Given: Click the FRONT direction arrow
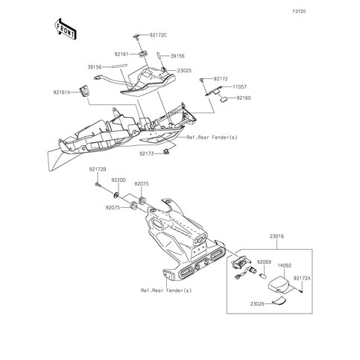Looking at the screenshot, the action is pos(65,29).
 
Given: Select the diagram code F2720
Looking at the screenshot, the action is pos(299,11).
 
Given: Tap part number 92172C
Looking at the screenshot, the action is pos(158,35).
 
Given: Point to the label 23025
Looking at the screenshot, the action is pos(184,71).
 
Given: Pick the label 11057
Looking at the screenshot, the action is pos(240,87).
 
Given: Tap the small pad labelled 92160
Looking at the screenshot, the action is pos(224,99).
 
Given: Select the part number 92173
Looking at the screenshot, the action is pos(147,154).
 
